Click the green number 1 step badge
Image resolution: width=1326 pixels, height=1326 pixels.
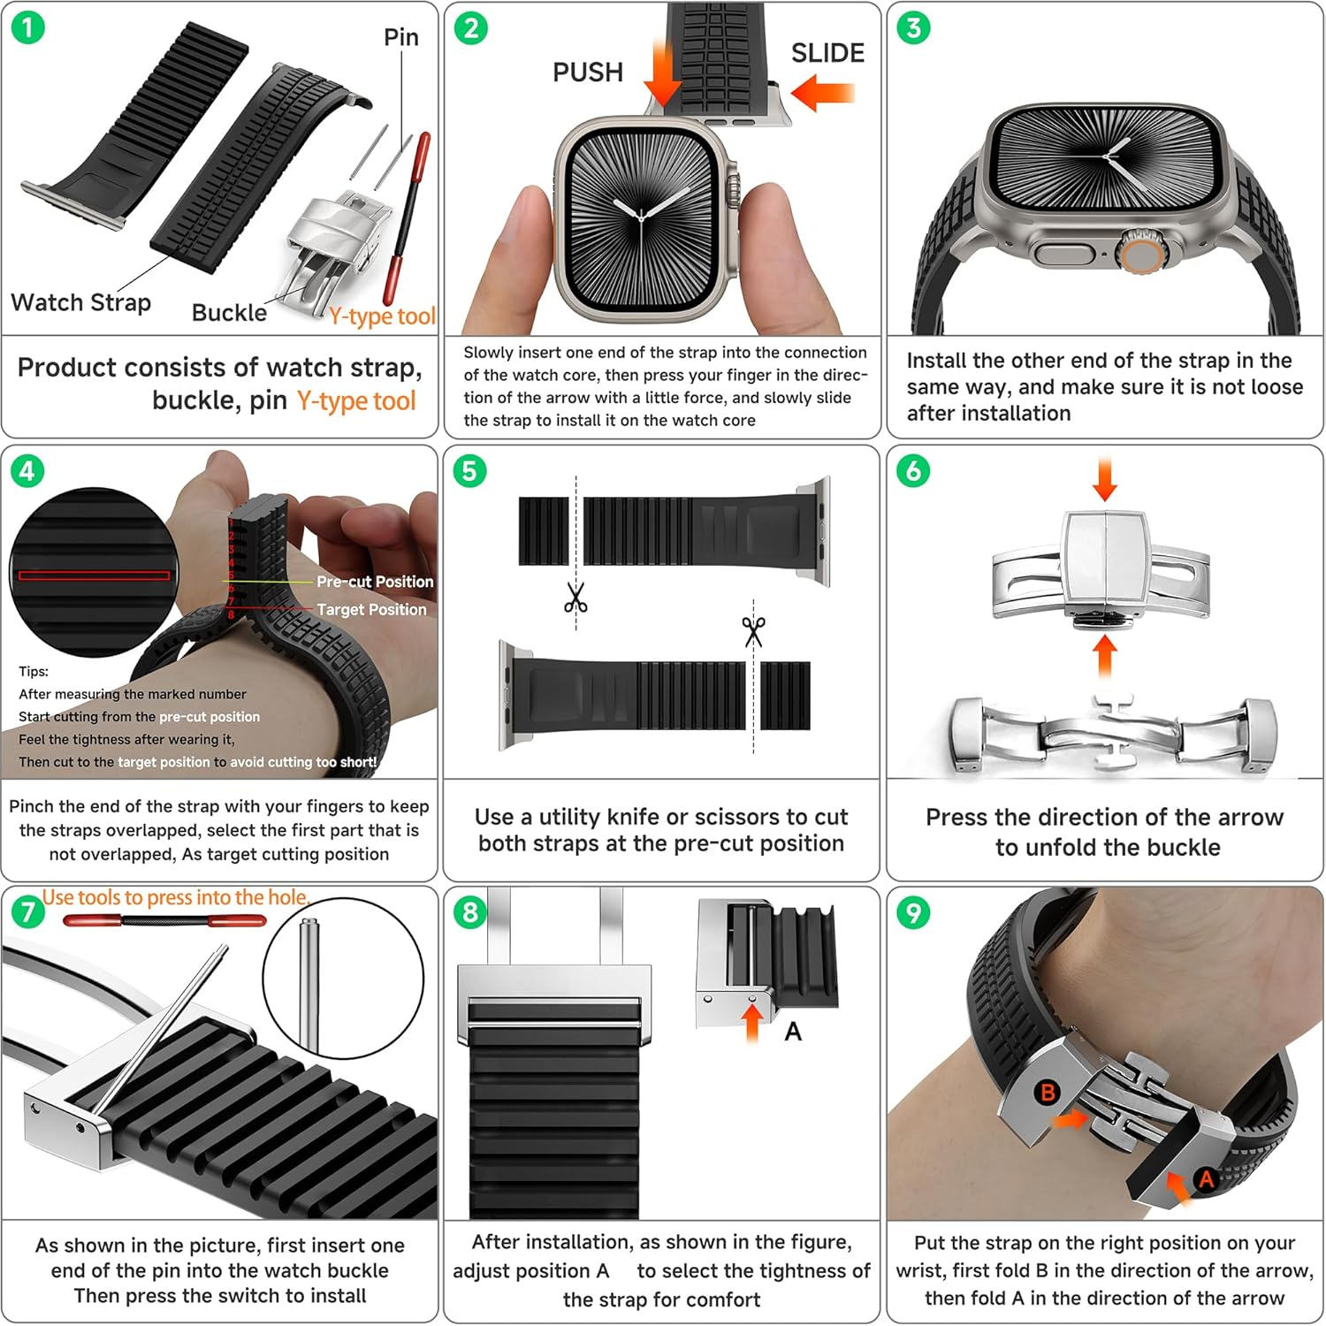27,28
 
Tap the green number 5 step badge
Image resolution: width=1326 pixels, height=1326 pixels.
469,470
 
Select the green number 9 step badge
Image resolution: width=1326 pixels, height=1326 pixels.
913,912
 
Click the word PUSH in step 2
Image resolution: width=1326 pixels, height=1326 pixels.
588,72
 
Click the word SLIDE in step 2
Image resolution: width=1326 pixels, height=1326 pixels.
827,53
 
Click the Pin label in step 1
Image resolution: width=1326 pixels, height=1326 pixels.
400,38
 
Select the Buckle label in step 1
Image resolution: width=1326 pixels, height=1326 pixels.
229,313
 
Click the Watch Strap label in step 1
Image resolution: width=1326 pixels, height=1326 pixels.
80,302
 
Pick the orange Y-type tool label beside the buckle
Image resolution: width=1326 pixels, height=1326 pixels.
382,316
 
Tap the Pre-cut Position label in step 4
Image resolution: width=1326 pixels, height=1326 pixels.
375,582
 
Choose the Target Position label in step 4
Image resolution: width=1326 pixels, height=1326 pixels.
371,610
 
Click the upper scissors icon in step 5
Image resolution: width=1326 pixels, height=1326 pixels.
575,598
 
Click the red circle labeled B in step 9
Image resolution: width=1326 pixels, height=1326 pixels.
1048,1092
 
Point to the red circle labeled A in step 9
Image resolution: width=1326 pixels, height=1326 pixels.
1206,1178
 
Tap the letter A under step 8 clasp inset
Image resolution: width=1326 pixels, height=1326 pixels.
793,1032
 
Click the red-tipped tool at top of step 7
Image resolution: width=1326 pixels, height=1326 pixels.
164,921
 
